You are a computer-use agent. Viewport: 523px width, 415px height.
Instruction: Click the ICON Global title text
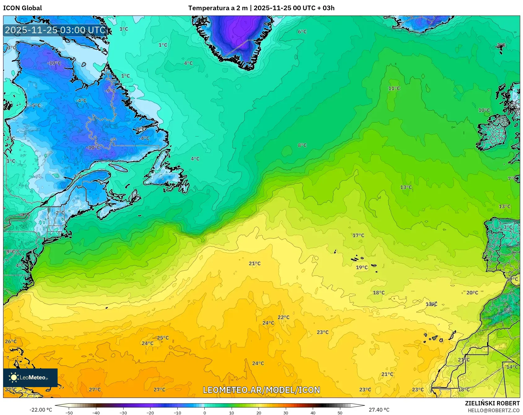(x=22, y=8)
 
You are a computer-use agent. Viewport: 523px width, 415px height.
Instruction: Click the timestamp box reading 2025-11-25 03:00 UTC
(x=55, y=30)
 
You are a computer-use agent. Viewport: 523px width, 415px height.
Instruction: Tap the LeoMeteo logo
(x=30, y=377)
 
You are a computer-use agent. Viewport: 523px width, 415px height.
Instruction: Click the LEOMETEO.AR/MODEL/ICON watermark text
(x=261, y=390)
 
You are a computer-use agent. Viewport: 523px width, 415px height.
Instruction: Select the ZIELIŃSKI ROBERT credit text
(x=492, y=403)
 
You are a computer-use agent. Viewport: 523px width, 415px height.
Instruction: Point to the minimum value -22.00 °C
(x=41, y=410)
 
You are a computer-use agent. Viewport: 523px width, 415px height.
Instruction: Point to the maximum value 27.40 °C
(x=379, y=410)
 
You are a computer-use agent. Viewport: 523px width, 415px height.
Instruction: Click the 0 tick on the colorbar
(x=204, y=413)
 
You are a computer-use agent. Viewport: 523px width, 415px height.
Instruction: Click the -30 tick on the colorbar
(x=123, y=413)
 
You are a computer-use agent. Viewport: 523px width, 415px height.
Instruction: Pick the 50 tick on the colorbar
(x=340, y=413)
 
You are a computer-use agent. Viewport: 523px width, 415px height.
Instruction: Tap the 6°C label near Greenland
(x=302, y=32)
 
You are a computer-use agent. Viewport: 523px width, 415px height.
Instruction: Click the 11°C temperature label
(x=394, y=88)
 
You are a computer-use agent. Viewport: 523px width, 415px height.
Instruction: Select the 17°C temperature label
(x=358, y=235)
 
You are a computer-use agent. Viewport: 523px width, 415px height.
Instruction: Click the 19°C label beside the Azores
(x=362, y=267)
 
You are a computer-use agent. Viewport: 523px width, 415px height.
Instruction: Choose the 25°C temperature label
(x=163, y=338)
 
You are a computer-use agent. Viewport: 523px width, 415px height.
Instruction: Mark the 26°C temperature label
(x=11, y=341)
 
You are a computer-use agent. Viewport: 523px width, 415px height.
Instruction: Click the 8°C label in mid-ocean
(x=302, y=145)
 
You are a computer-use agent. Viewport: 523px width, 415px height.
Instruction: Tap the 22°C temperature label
(x=283, y=317)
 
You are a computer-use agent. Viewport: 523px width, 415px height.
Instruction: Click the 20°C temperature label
(x=472, y=292)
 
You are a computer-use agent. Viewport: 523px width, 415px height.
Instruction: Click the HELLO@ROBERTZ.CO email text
(x=494, y=410)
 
